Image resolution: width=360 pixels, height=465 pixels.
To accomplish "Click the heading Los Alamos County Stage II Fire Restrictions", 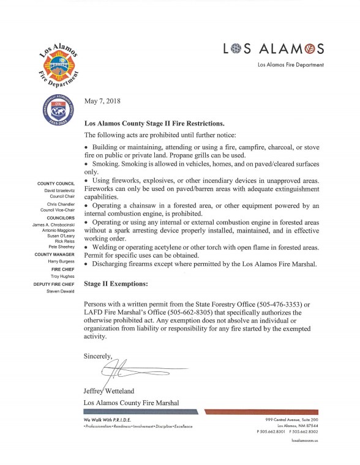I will point(158,123).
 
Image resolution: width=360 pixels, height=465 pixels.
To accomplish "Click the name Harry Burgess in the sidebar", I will point(60,261).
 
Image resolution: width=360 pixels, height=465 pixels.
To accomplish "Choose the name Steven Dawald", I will point(59,291).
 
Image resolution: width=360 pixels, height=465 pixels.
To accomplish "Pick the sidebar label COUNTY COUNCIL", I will point(56,184).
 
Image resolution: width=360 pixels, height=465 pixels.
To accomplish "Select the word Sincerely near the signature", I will point(99,355).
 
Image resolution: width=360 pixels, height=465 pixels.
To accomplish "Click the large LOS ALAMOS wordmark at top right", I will point(274,48).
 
